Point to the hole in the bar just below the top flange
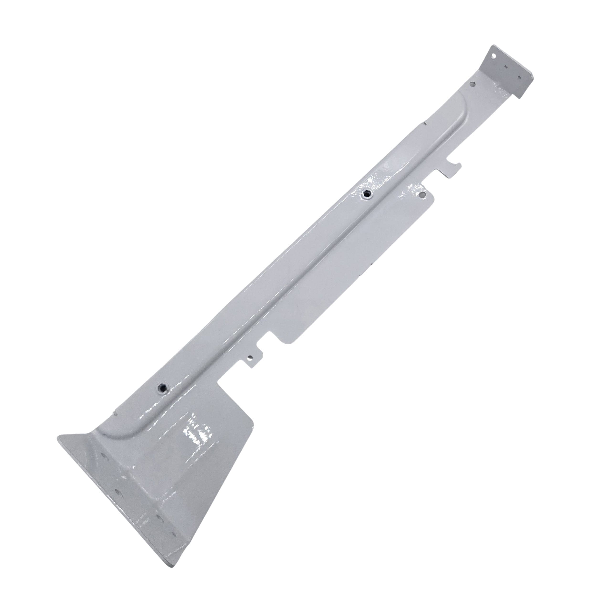coord(473,84)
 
